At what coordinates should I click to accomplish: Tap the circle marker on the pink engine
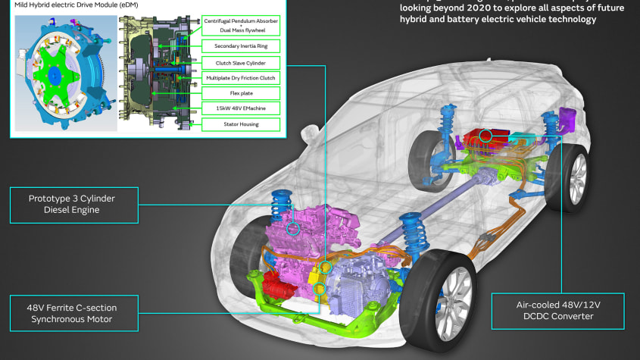[293, 227]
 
